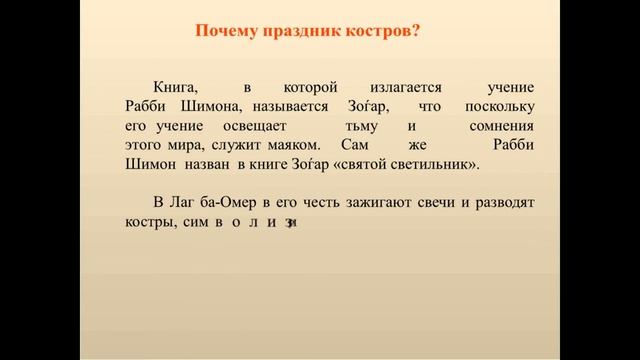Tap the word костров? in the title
[x=381, y=31]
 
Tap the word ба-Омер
[x=238, y=203]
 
